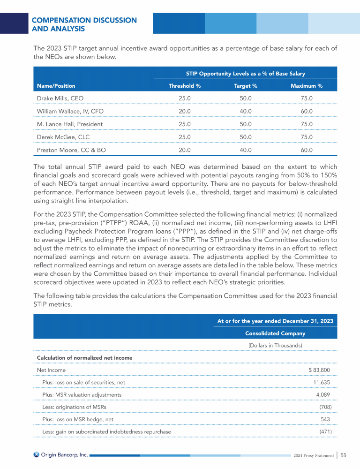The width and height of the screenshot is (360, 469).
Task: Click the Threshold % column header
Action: pos(184,86)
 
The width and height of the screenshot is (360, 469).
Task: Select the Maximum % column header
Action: pos(306,86)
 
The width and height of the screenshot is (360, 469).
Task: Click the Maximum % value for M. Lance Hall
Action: pos(306,124)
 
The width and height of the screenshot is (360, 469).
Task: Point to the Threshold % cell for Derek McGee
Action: pos(184,137)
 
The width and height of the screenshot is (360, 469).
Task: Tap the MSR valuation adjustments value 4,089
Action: pos(326,395)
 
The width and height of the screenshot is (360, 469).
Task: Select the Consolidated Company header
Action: pos(275,333)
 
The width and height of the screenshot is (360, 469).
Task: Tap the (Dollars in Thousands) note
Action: pos(275,346)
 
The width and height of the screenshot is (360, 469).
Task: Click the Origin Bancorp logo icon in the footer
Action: pos(36,454)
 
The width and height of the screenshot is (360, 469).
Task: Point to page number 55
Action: pos(344,454)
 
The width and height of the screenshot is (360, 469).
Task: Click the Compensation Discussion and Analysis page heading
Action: pos(84,24)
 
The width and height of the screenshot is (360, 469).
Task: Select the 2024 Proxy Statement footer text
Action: pos(313,455)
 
